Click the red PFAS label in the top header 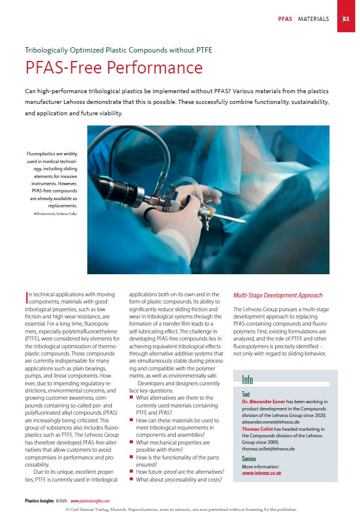tap(285, 19)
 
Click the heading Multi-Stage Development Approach tap(277, 295)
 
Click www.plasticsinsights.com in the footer tap(90, 501)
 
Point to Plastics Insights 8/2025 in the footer tap(45, 501)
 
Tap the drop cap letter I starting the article tap(28, 295)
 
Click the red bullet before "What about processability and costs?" tap(132, 480)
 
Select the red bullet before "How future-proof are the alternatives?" tap(132, 471)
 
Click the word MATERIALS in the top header tap(313, 19)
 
